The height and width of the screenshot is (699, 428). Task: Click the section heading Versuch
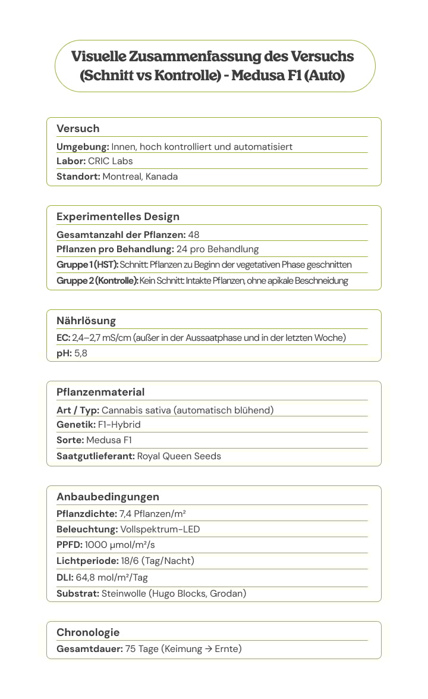(78, 128)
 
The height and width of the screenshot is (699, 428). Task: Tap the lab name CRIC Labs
(111, 161)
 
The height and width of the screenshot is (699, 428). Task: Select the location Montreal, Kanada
(140, 177)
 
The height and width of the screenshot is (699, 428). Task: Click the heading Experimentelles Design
(118, 217)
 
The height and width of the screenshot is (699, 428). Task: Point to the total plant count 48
(194, 234)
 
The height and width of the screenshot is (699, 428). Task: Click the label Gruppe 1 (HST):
(87, 265)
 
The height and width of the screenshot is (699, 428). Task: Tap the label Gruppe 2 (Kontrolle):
(97, 281)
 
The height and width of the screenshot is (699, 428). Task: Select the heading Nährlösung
(86, 321)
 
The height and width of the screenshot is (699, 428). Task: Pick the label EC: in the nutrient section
(63, 338)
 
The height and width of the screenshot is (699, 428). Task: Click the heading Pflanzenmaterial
(100, 392)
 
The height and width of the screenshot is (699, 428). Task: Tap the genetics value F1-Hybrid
(119, 425)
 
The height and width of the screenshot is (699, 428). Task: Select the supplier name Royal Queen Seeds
(179, 456)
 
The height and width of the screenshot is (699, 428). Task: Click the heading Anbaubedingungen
(108, 497)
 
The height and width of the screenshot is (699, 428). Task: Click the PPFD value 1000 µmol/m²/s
(120, 545)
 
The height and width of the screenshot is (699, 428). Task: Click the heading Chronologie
(88, 632)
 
